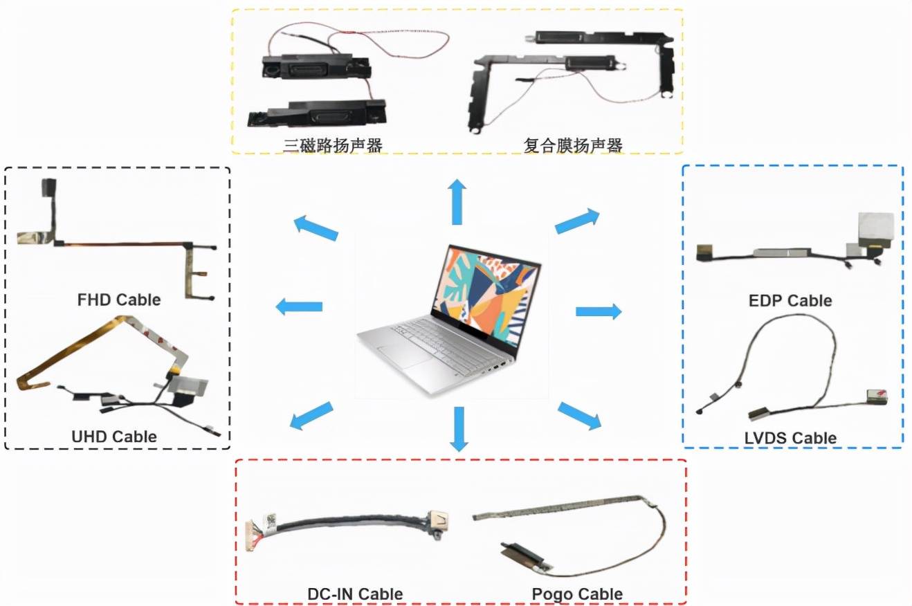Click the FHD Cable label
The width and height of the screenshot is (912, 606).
[119, 300]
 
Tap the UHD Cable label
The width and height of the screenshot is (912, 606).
[114, 437]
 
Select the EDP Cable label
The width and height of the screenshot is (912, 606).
[790, 300]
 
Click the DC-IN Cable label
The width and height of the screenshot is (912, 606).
[355, 594]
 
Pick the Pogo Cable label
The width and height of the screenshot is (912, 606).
[577, 594]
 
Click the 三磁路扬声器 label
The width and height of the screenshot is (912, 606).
[333, 145]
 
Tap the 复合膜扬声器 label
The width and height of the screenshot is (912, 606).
[574, 145]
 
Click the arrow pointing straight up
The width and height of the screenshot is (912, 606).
[457, 201]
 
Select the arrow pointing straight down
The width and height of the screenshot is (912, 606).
[457, 429]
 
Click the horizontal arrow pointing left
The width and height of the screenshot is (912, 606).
[300, 306]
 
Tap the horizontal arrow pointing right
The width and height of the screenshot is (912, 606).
[599, 311]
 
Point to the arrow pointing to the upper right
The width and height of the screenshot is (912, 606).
[577, 221]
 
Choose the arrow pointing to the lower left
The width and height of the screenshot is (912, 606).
[311, 416]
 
